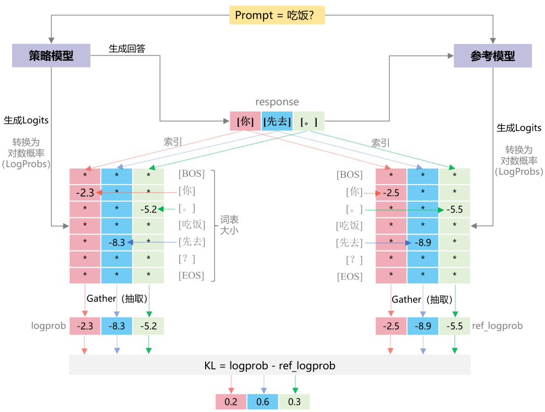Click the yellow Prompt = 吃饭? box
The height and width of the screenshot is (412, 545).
277,15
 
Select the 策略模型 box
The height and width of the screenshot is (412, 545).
51,55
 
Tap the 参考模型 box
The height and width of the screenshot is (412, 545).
493,55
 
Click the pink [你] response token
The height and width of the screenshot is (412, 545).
245,121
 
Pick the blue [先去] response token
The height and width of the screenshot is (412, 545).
277,121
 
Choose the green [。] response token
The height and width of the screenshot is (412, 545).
309,121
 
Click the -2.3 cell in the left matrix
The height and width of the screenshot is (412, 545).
85,192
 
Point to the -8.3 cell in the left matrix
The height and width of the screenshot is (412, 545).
117,242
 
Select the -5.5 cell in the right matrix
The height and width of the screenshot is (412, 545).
454,209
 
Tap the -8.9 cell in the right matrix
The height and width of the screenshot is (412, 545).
423,242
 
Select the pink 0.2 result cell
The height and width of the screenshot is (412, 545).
231,402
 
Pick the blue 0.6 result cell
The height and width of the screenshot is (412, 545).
263,402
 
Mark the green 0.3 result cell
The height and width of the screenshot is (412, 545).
294,402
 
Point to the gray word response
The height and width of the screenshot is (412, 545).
277,102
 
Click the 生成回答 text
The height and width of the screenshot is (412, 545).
127,49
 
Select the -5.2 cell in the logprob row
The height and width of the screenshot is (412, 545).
148,326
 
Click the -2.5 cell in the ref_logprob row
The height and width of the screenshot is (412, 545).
391,326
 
